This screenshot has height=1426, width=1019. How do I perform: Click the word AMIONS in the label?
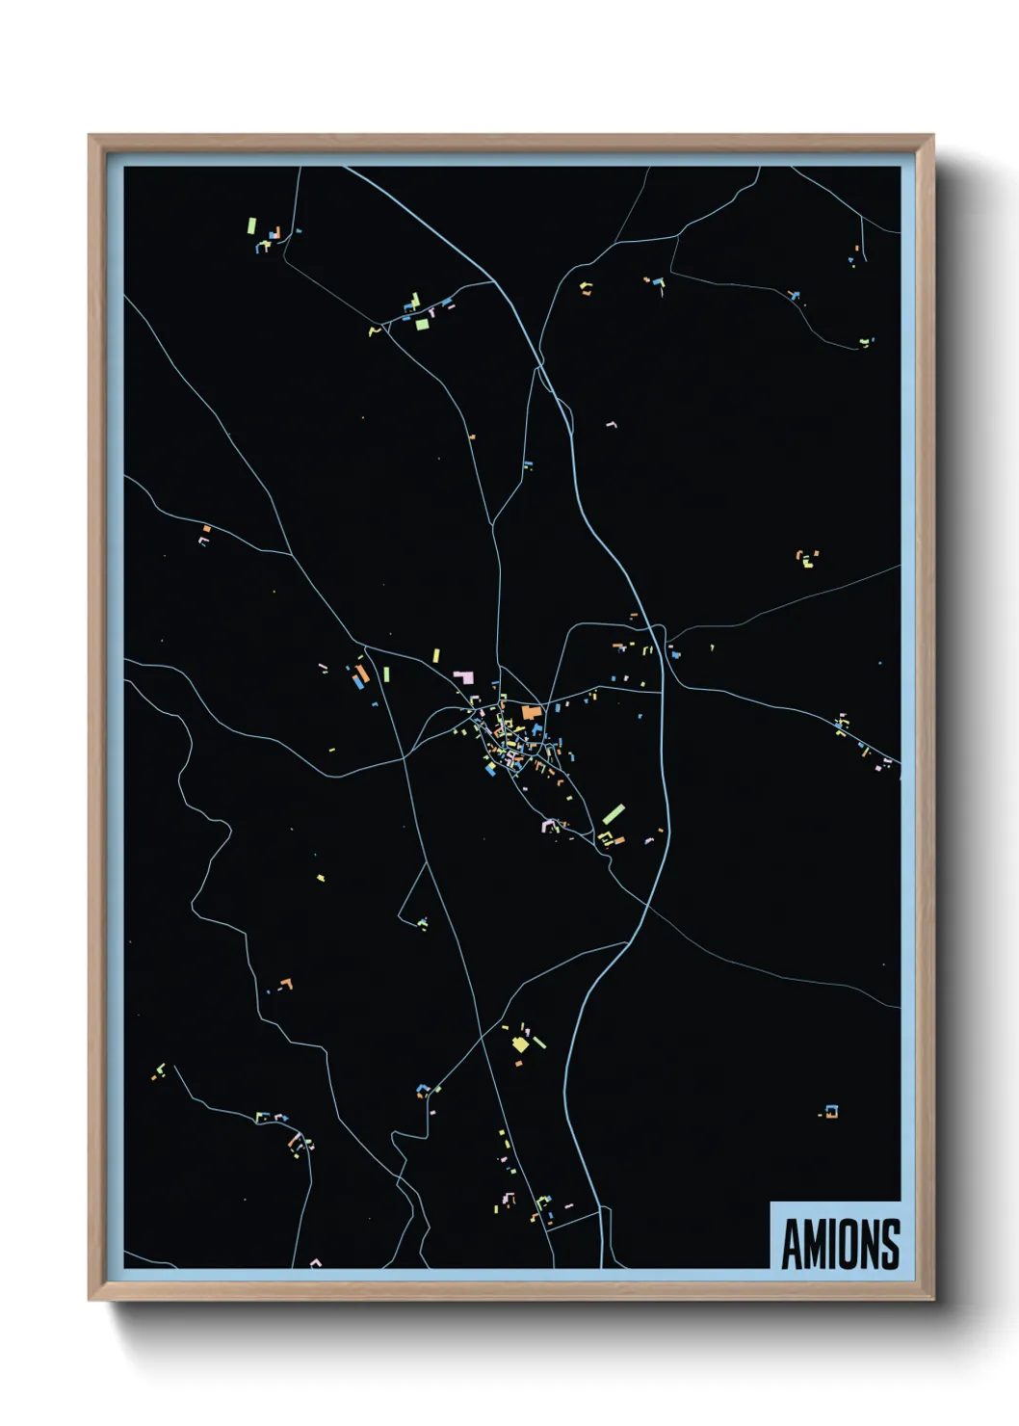coord(840,1244)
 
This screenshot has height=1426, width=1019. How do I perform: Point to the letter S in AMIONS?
coord(890,1244)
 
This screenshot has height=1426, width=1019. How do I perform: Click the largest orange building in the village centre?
coord(530,713)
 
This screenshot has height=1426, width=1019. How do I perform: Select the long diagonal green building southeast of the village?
coord(614,814)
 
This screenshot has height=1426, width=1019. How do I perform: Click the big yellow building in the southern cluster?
coord(520,1043)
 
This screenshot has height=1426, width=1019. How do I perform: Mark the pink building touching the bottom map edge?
coord(314,1262)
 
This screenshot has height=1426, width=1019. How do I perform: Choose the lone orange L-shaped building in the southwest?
coord(284,984)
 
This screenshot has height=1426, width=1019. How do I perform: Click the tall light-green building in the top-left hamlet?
coord(251,225)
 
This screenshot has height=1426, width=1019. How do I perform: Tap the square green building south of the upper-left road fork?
coord(422,324)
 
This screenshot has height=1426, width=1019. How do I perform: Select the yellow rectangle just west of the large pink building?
coord(436,656)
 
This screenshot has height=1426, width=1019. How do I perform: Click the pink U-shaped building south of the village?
coord(549,825)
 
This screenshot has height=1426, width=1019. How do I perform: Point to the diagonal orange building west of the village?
coord(362,673)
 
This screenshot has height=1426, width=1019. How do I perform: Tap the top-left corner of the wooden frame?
coord(90,136)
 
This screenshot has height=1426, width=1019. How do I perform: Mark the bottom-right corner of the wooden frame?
coord(932,1299)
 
